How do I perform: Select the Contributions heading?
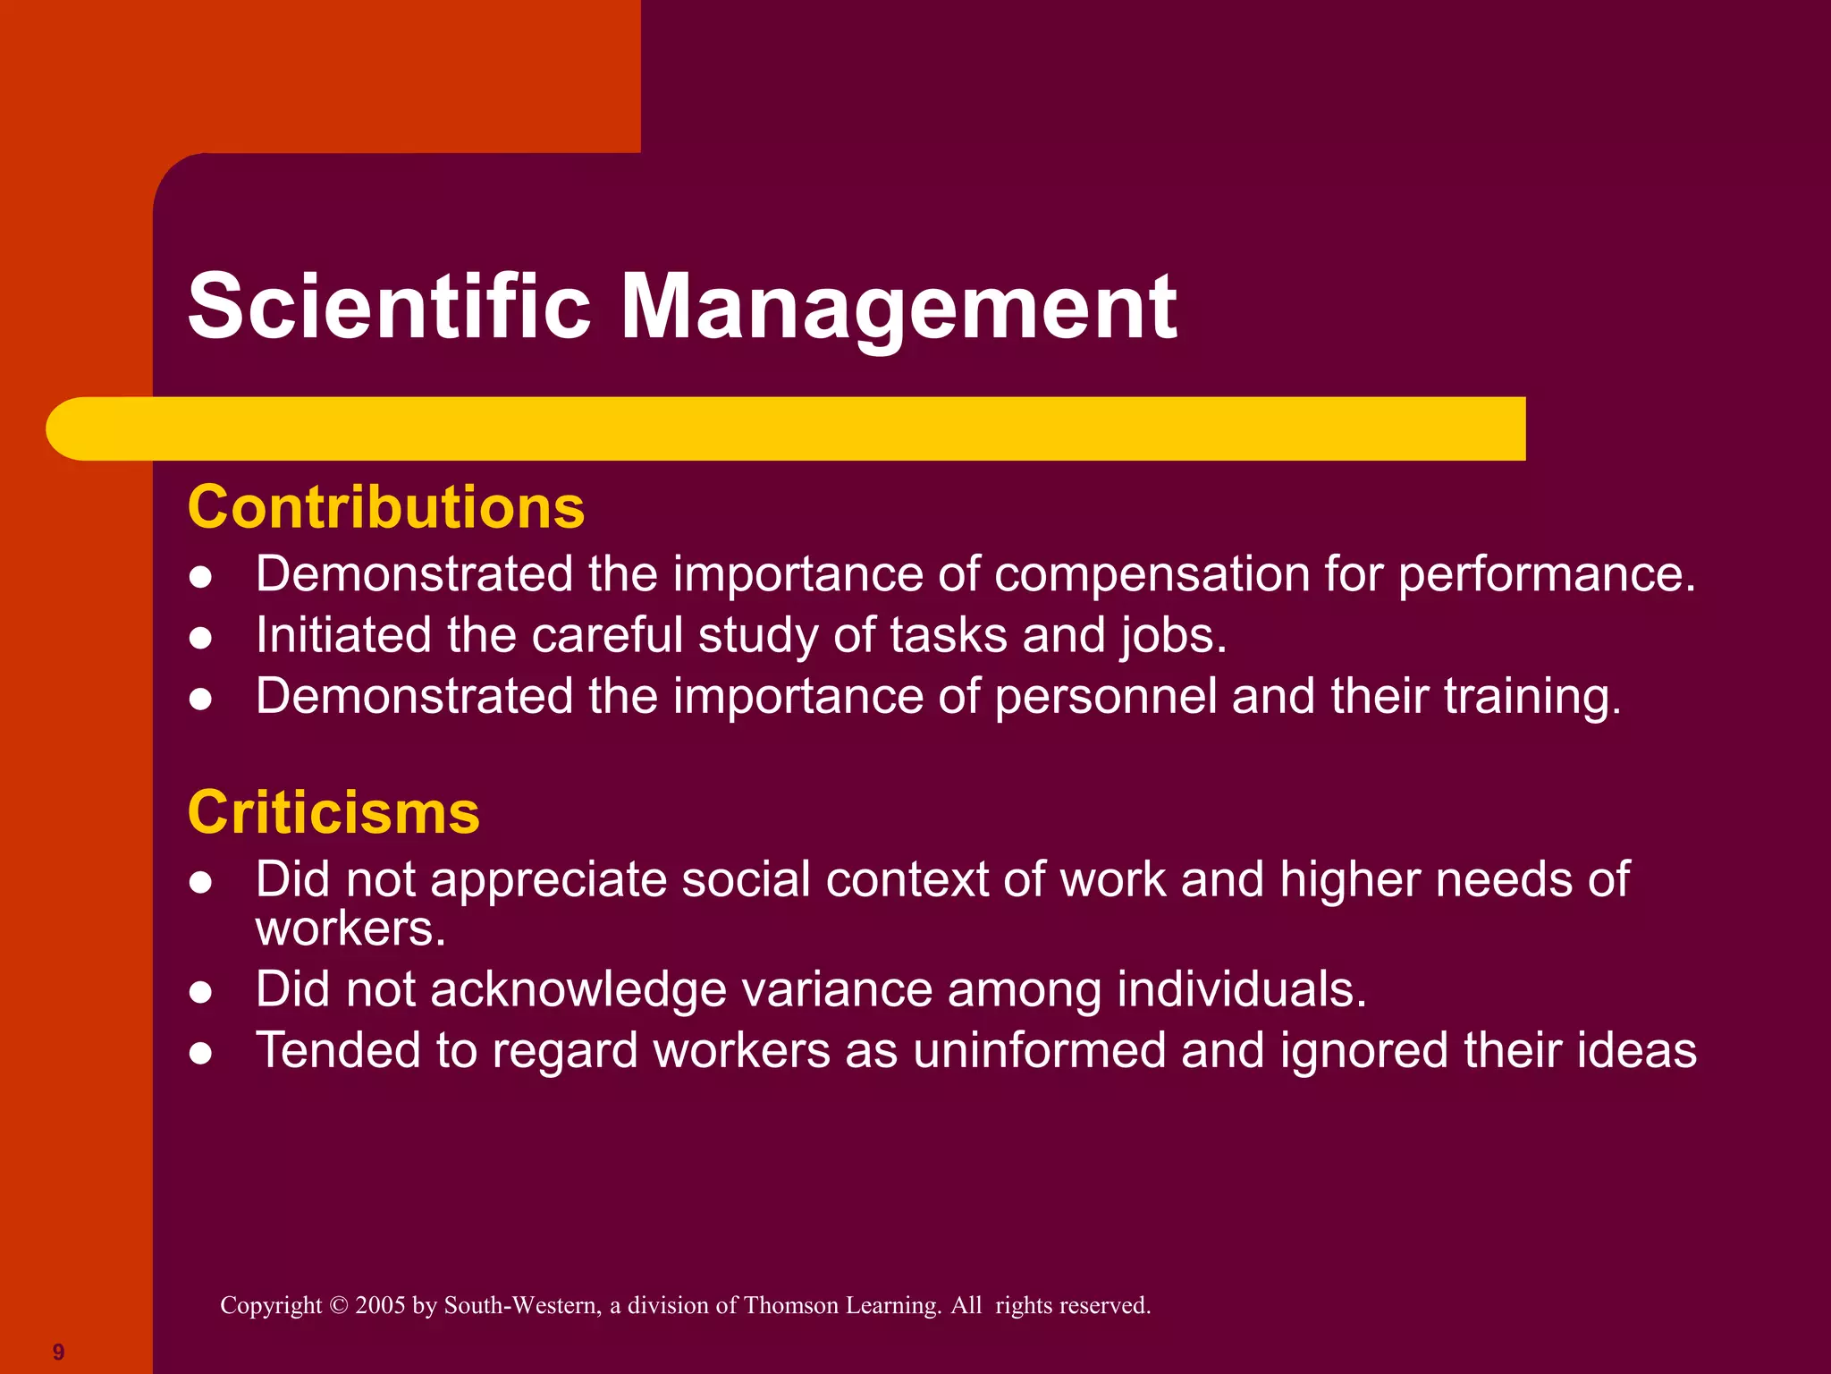pyautogui.click(x=386, y=507)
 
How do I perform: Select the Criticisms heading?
pyautogui.click(x=333, y=813)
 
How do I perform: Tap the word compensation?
pyautogui.click(x=1152, y=574)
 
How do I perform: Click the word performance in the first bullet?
pyautogui.click(x=1546, y=574)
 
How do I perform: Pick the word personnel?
pyautogui.click(x=1106, y=697)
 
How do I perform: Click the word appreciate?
pyautogui.click(x=549, y=880)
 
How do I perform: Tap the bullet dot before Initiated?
pyautogui.click(x=201, y=638)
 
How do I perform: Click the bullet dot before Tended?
pyautogui.click(x=201, y=1054)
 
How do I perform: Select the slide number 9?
pyautogui.click(x=59, y=1352)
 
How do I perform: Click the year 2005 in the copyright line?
pyautogui.click(x=381, y=1306)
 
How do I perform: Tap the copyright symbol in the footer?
pyautogui.click(x=338, y=1306)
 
